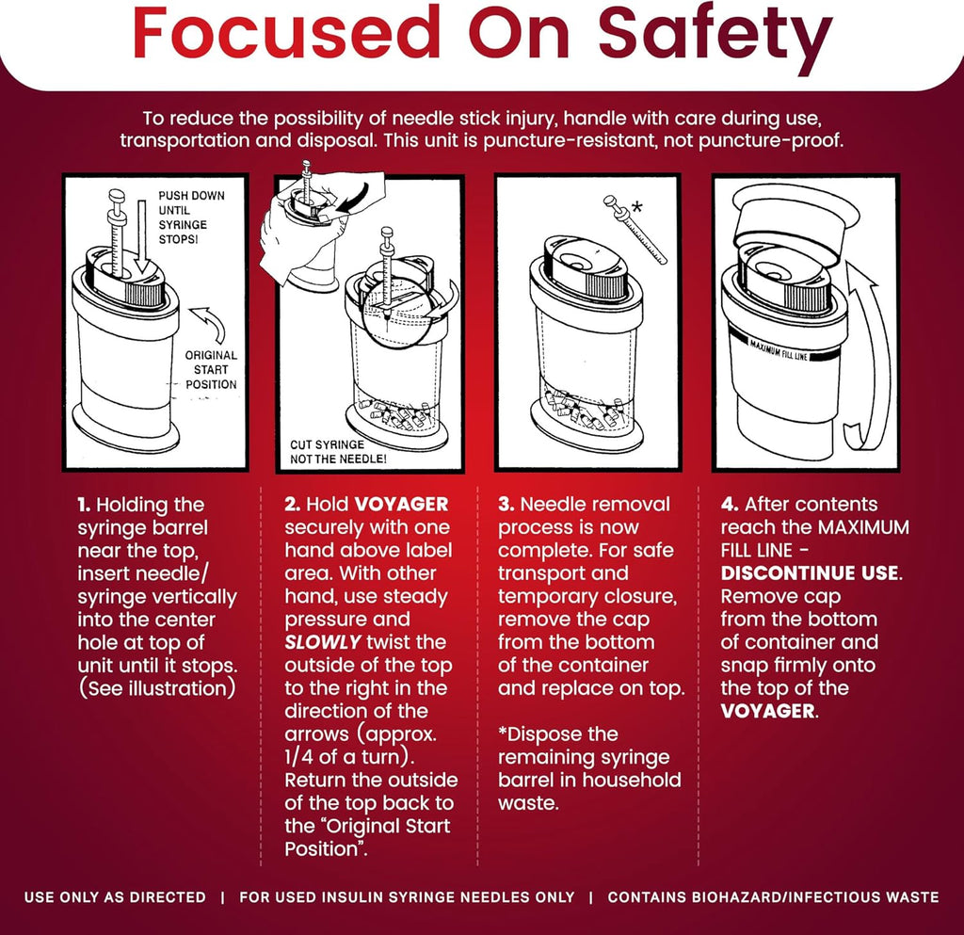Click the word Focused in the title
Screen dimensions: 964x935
pyautogui.click(x=286, y=33)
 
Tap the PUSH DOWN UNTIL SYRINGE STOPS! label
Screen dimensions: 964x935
pyautogui.click(x=191, y=217)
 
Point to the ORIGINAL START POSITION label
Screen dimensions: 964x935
pyautogui.click(x=211, y=369)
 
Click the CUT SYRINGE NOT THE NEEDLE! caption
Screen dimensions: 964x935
pyautogui.click(x=338, y=452)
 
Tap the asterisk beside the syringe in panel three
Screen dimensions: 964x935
pyautogui.click(x=637, y=207)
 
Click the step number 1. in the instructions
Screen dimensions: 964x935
pyautogui.click(x=84, y=506)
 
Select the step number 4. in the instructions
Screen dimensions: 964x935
pyautogui.click(x=730, y=505)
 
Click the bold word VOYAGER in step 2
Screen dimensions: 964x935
pyautogui.click(x=402, y=505)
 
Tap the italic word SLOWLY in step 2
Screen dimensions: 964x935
pyautogui.click(x=323, y=642)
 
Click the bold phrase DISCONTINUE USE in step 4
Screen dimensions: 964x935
pyautogui.click(x=810, y=573)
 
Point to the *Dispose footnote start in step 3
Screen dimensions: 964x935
pyautogui.click(x=557, y=734)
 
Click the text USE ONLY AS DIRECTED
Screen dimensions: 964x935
pyautogui.click(x=115, y=897)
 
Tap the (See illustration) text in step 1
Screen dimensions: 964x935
pyautogui.click(x=157, y=688)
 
